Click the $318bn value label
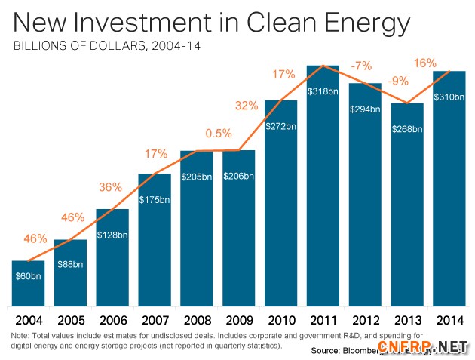coord(323,91)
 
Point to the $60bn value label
coord(28,276)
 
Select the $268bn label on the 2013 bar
coord(408,128)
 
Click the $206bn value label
coord(239,176)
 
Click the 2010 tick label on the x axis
coord(281,318)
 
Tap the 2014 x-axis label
coord(450,318)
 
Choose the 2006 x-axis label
coord(112,318)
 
